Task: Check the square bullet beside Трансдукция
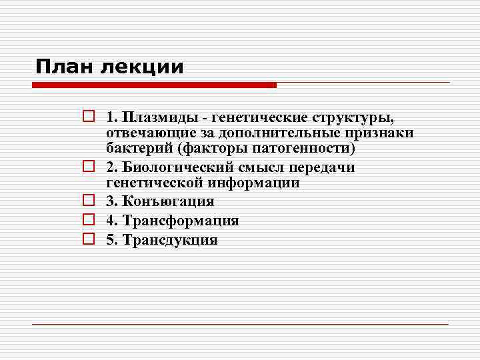coord(87,240)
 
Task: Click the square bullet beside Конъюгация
coord(87,201)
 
